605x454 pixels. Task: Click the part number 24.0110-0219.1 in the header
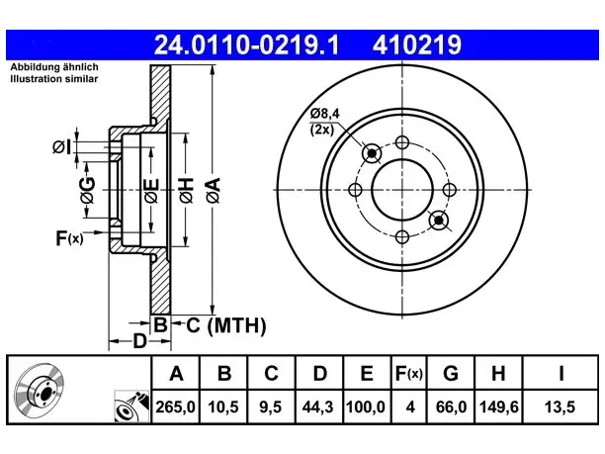pos(246,45)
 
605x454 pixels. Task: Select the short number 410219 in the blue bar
pos(417,45)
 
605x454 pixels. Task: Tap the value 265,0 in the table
pos(176,407)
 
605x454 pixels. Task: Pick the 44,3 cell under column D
pos(317,407)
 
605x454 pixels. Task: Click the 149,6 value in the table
pos(498,407)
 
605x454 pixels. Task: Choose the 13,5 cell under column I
pos(560,407)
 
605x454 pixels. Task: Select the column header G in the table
pos(451,373)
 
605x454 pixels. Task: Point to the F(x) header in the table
pos(409,373)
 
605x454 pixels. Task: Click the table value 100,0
pos(366,407)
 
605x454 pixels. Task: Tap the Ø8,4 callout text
pos(325,114)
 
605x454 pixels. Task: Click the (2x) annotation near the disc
pos(322,130)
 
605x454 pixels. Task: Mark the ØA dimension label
pos(214,190)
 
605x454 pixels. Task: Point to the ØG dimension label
pos(88,190)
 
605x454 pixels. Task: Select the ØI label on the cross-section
pos(61,146)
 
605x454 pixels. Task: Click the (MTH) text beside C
pos(236,325)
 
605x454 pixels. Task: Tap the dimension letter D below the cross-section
pos(140,341)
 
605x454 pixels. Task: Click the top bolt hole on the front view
pos(402,142)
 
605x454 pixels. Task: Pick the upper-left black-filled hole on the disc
pos(372,153)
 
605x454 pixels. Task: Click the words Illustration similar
pos(54,79)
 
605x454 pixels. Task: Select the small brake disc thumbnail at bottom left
pos(39,391)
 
